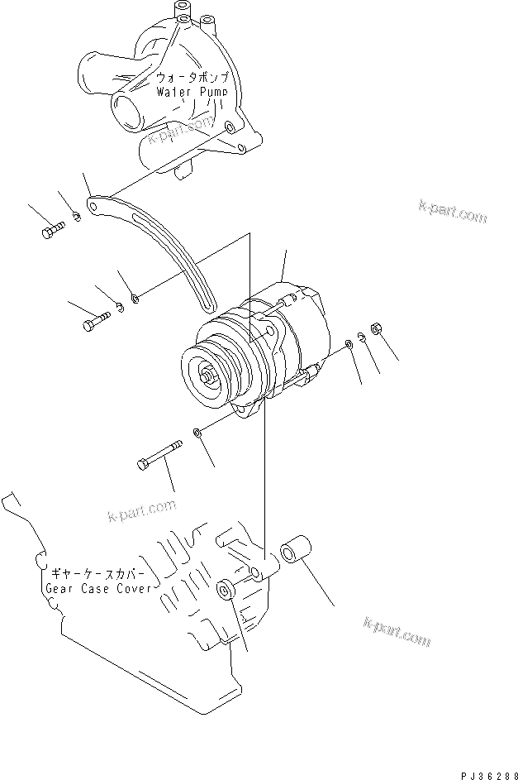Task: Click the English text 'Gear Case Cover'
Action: pyautogui.click(x=98, y=588)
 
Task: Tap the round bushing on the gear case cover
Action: pyautogui.click(x=224, y=591)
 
